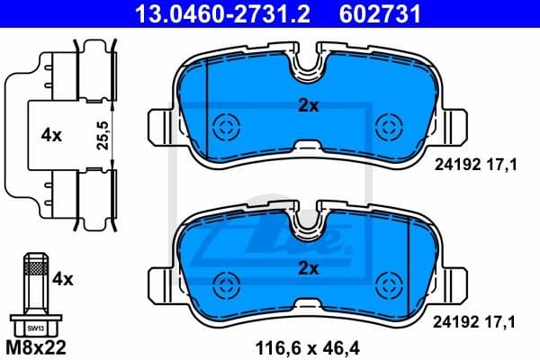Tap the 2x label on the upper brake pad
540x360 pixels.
click(309, 105)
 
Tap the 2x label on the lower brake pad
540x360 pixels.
click(309, 268)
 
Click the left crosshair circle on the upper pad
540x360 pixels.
click(222, 125)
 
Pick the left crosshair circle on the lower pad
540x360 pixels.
click(222, 286)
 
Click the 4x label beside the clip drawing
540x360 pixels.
click(50, 136)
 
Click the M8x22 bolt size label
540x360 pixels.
click(36, 346)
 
